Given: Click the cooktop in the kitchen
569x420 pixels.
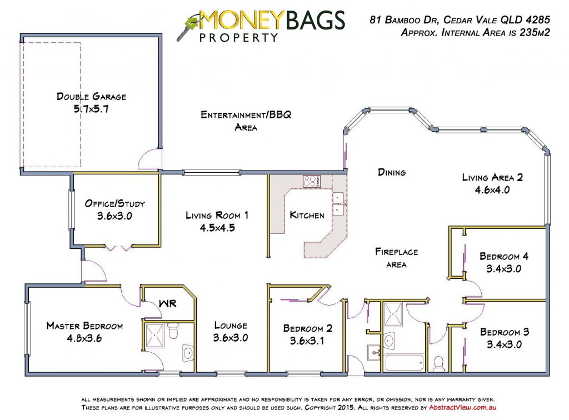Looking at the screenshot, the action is click(x=312, y=181).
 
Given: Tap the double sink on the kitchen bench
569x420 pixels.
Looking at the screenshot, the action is click(x=338, y=203).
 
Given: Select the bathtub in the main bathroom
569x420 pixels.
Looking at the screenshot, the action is click(x=404, y=362).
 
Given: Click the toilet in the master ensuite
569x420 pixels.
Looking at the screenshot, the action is click(x=173, y=331).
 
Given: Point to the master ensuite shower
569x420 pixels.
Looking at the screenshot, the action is click(x=154, y=336).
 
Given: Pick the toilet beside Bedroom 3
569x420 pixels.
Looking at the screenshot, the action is click(x=439, y=364).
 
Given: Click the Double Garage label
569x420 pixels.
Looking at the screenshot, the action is click(x=92, y=97).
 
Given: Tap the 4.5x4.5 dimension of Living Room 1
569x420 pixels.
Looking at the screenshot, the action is click(x=217, y=228).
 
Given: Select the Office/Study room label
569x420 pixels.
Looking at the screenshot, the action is click(x=114, y=203).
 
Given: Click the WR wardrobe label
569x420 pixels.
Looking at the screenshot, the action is click(x=168, y=303).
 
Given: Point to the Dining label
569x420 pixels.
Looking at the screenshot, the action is click(x=392, y=172).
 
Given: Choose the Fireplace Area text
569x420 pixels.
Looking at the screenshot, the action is click(x=396, y=258).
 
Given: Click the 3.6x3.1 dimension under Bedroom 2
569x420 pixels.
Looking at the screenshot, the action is click(x=307, y=341).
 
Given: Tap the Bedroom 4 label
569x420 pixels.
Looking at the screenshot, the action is click(x=504, y=257).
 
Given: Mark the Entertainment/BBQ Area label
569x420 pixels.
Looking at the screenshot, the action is click(x=246, y=121).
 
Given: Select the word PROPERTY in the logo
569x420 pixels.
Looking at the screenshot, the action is click(x=238, y=37).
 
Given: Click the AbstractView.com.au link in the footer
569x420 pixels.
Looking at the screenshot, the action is click(x=463, y=407).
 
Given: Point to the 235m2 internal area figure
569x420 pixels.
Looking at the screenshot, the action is click(x=535, y=33).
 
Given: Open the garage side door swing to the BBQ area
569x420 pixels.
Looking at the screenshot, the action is click(x=149, y=159).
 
